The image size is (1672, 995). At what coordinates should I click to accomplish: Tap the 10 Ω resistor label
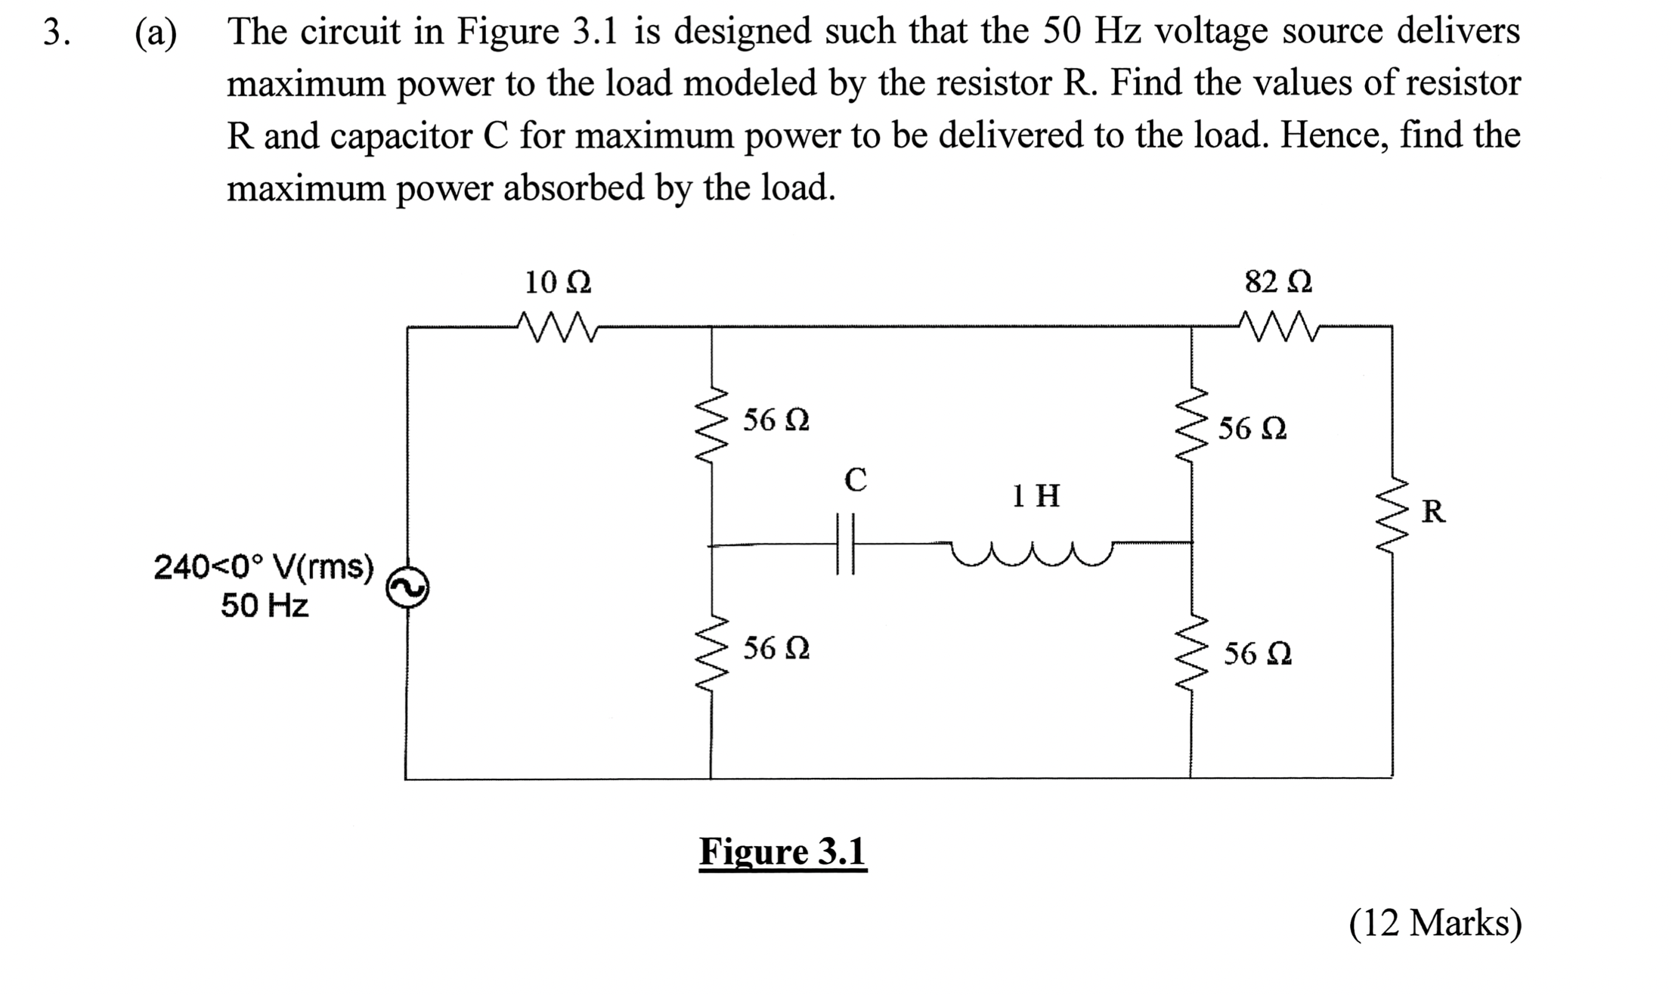(558, 283)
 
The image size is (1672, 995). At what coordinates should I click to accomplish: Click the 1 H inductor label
(1036, 496)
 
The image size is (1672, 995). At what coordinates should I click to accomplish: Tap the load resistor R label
(1433, 512)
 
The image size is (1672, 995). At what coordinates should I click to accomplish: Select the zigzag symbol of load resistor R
(1392, 516)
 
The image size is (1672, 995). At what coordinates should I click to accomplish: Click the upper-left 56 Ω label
(776, 420)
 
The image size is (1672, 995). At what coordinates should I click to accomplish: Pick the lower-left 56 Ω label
(776, 648)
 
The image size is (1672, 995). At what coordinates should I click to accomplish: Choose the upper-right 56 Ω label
(1252, 429)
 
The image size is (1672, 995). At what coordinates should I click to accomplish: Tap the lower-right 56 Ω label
(1258, 653)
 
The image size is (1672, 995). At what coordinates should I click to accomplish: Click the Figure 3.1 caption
(782, 852)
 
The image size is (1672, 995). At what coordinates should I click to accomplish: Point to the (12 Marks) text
(1435, 923)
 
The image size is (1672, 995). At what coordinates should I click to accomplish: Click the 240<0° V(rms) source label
(264, 566)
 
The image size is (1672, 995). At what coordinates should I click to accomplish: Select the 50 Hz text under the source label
(265, 606)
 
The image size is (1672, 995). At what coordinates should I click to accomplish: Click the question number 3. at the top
(56, 33)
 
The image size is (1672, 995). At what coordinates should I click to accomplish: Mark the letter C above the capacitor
(855, 479)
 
